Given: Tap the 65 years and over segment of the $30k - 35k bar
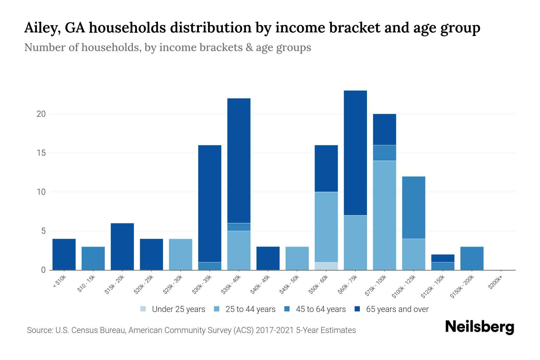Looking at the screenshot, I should tap(210, 203).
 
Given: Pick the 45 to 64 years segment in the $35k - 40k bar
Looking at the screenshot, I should tap(239, 227).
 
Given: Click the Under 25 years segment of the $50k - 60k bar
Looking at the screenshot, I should tap(326, 266).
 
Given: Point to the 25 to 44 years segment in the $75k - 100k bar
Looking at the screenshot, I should tap(384, 215).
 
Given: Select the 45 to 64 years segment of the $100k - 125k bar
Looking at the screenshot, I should tap(413, 207).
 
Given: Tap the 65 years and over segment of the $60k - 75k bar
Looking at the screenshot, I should tap(355, 153).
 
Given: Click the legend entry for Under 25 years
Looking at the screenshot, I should tap(173, 309).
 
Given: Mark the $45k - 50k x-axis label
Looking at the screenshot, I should tap(289, 284).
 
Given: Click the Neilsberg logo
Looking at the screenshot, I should tap(479, 327).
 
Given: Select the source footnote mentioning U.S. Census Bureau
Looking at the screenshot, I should tap(191, 330).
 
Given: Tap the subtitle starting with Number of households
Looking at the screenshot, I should tap(167, 47).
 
